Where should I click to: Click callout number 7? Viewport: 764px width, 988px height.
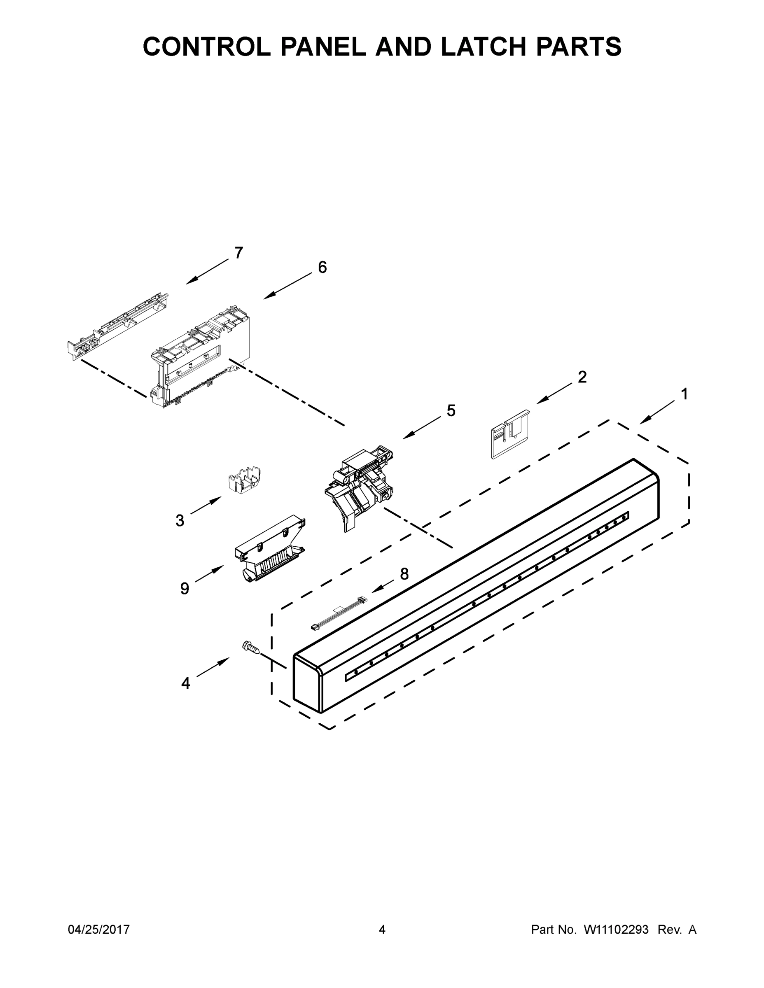coord(238,252)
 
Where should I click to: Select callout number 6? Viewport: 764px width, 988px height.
coord(322,267)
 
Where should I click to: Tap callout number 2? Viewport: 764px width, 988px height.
coord(582,377)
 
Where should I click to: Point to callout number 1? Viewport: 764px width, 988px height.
coord(685,394)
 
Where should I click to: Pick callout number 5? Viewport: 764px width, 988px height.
coord(451,410)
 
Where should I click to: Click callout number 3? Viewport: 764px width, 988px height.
coord(180,521)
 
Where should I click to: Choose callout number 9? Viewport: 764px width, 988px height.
coord(185,588)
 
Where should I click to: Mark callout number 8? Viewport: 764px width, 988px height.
coord(404,574)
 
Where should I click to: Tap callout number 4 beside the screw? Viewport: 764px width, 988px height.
coord(186,683)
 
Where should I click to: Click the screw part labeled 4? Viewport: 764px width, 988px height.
coord(252,648)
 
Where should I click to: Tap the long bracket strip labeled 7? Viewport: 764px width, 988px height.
coord(118,326)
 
